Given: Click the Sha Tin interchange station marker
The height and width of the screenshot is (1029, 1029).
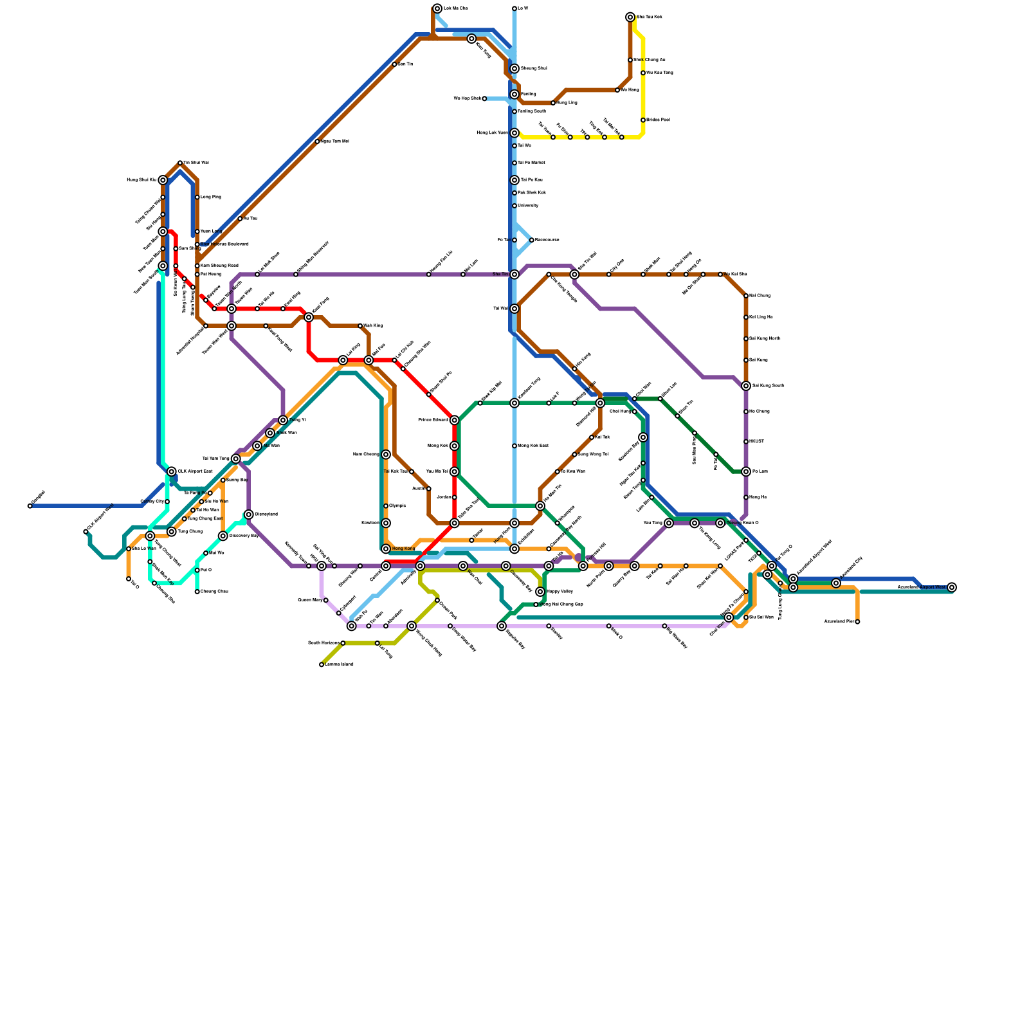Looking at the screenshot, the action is (514, 275).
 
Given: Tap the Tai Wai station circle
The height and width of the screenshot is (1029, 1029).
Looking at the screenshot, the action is (514, 309).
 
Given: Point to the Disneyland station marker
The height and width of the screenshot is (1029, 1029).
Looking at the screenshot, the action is (249, 514).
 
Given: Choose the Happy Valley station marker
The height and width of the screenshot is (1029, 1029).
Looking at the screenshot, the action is (540, 592).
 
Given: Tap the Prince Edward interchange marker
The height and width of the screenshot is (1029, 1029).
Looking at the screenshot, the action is (455, 420).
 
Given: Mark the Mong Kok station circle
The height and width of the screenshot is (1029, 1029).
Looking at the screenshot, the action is (455, 446).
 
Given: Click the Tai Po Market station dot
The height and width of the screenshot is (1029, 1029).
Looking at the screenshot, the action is (514, 163).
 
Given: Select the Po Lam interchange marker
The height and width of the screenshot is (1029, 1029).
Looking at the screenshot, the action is (746, 471).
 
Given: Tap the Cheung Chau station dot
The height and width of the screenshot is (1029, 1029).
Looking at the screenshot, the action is (154, 583).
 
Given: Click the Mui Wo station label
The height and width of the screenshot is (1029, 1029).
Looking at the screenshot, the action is (217, 553).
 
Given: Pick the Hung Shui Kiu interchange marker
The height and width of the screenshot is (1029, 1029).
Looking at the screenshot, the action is (163, 180).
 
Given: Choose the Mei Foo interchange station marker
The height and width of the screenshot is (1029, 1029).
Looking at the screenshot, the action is (369, 360).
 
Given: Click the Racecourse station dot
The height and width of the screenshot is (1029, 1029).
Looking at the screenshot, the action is (532, 240).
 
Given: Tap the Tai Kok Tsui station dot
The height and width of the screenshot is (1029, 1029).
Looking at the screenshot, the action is (412, 471).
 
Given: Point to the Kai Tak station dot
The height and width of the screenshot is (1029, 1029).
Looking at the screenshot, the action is (592, 437).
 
